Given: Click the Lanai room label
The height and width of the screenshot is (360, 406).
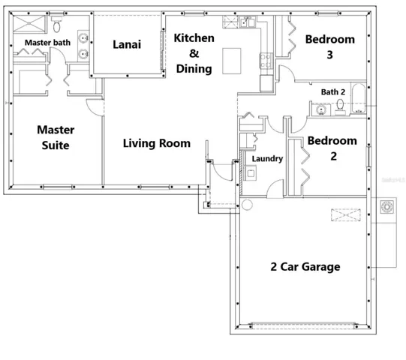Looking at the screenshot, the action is (127, 44).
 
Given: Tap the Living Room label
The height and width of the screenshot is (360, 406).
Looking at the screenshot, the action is (157, 143).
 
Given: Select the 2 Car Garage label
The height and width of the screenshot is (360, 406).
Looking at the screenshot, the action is (305, 267).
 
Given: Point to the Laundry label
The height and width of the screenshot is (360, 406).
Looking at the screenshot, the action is (267, 159).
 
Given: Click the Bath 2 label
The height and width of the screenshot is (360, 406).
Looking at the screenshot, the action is (333, 92).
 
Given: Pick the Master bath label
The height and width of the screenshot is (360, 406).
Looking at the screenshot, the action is (47, 43).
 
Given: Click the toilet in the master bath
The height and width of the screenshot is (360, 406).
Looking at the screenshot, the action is (56, 24).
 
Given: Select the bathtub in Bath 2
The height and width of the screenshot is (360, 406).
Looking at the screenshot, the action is (359, 97).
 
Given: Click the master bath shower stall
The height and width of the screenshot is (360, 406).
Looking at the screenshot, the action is (29, 24).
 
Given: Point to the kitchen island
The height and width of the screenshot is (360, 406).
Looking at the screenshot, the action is (232, 61).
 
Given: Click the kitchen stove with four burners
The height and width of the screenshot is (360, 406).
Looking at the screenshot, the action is (266, 60).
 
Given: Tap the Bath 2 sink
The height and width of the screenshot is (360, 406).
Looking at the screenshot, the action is (321, 109).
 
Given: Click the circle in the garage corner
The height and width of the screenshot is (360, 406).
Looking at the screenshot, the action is (247, 205).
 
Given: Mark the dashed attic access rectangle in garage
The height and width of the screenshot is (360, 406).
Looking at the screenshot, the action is (346, 214).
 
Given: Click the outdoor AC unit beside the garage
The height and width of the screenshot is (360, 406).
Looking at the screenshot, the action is (386, 207).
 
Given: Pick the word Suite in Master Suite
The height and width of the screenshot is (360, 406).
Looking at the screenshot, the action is (56, 145).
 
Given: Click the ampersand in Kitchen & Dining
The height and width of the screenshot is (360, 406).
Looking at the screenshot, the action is (194, 53).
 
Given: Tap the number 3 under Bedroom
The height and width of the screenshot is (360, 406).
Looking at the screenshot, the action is (329, 55).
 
